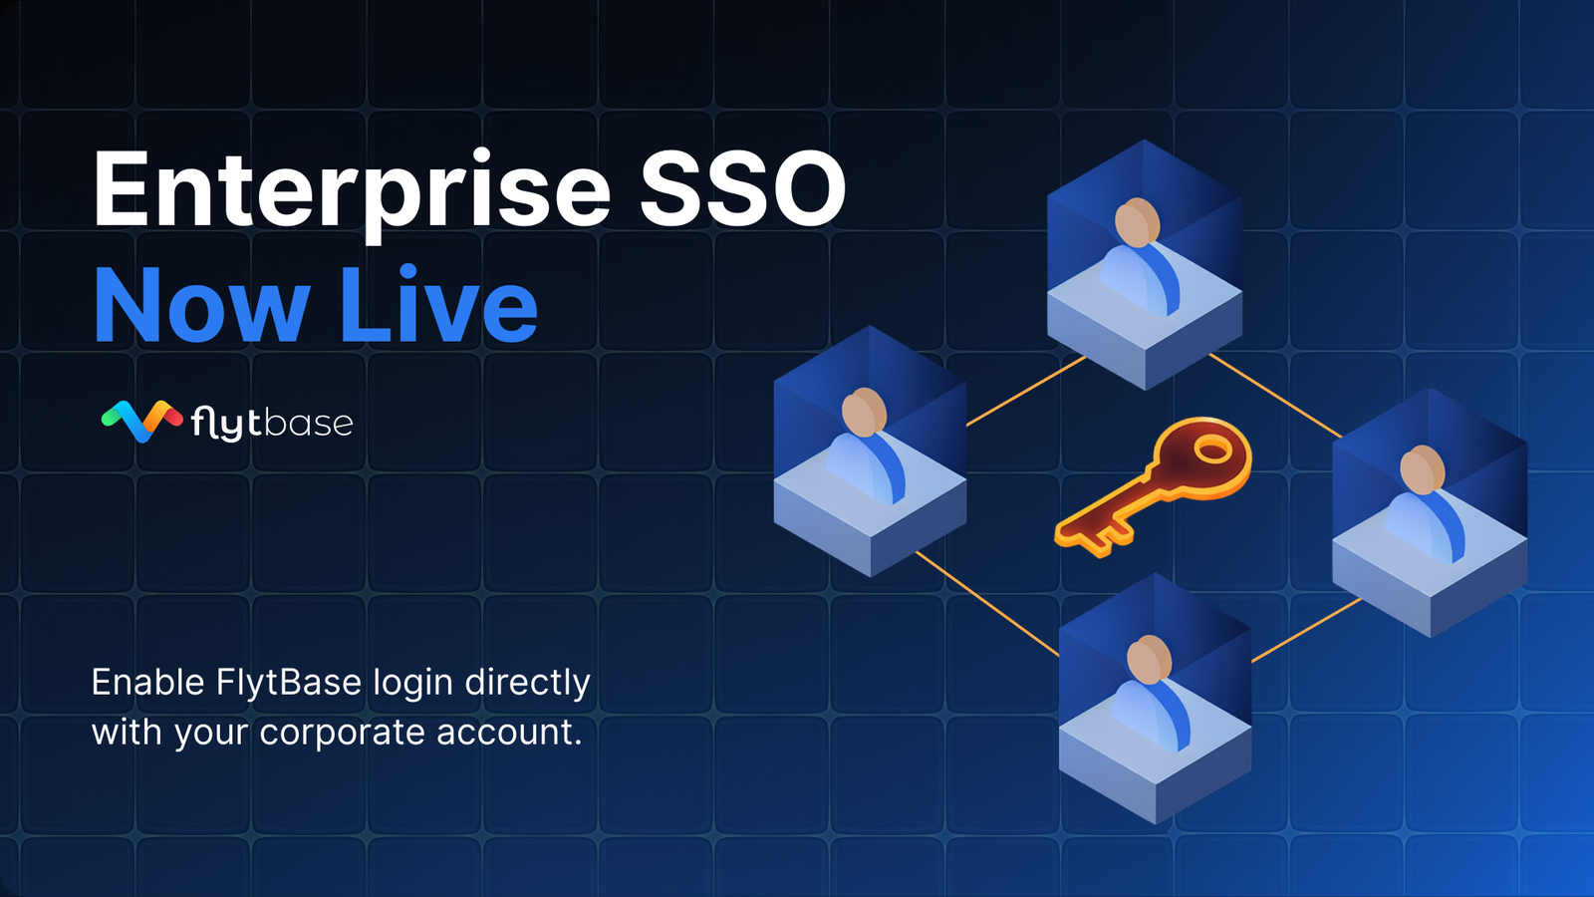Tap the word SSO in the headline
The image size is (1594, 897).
click(743, 189)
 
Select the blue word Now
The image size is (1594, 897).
click(202, 305)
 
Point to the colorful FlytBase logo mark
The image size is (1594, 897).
click(141, 421)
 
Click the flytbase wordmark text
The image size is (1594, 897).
click(272, 423)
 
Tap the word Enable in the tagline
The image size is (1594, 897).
click(148, 682)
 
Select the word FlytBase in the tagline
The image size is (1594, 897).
click(288, 682)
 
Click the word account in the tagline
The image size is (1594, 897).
click(509, 732)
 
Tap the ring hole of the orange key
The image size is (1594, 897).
click(1211, 449)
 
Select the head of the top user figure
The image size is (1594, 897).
click(1137, 223)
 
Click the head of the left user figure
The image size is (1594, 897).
click(864, 413)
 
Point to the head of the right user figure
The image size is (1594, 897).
click(1423, 470)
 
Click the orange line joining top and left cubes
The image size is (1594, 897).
click(1026, 391)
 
